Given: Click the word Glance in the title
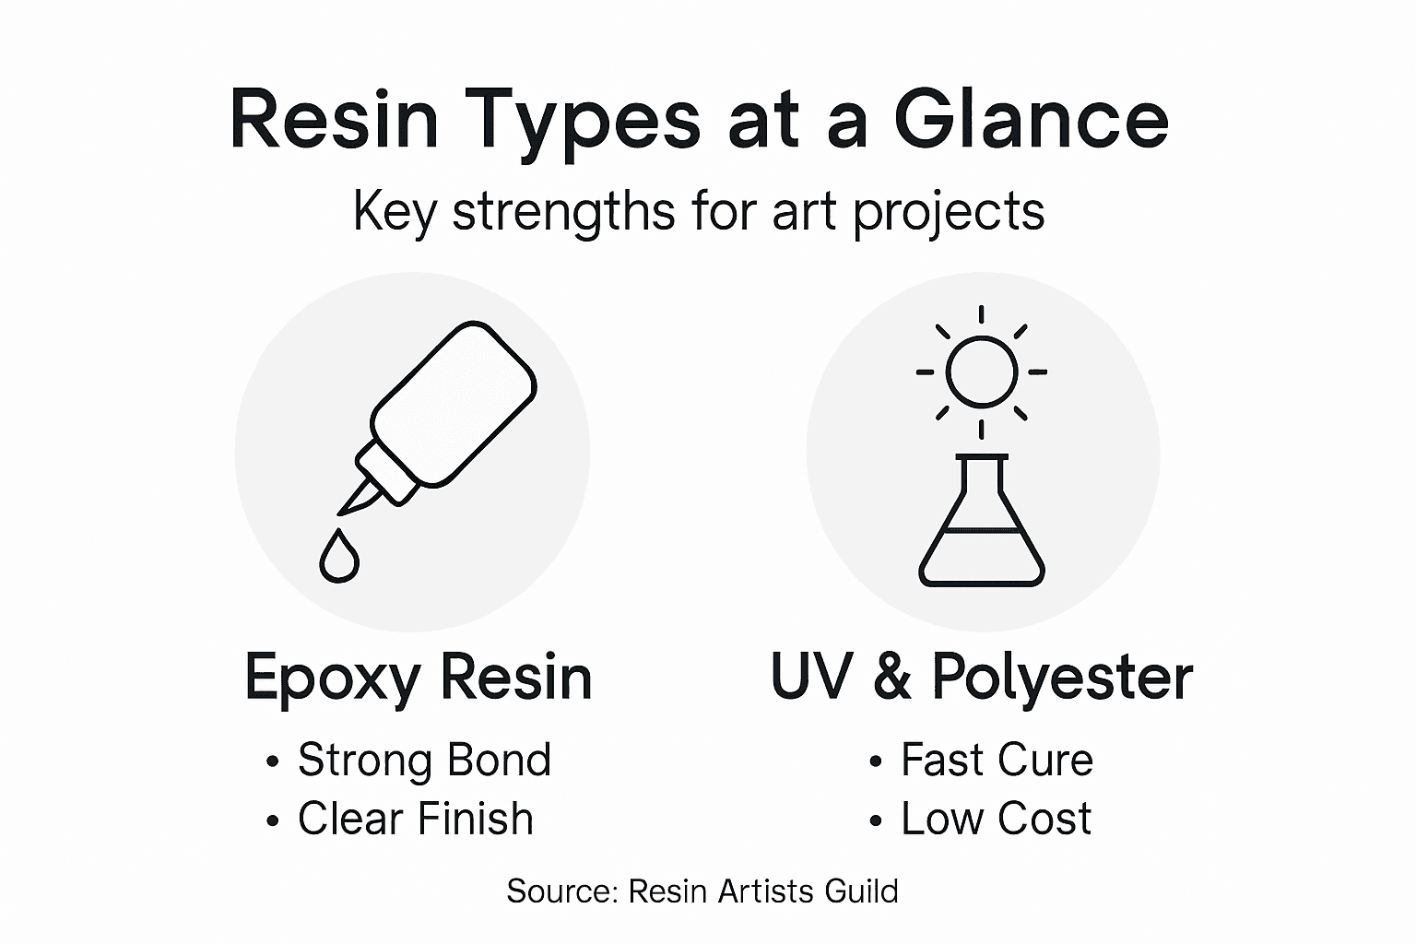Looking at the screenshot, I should point(1031,121).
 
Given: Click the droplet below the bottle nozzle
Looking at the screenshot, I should point(338,556).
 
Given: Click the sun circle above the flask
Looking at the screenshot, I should point(982,372).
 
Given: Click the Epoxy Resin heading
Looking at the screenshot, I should point(418,678).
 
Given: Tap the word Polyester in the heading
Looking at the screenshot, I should point(1062,678).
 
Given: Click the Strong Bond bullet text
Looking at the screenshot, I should point(424,761).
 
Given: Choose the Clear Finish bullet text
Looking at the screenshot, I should point(415,819).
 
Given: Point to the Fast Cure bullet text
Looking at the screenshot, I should point(997,761).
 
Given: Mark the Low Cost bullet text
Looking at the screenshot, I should point(996,819).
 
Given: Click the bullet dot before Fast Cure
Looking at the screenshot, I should point(876,763).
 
